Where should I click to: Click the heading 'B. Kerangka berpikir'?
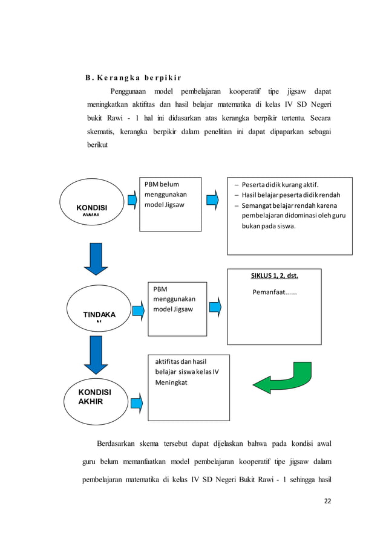(x=129, y=78)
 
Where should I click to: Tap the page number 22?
(x=327, y=500)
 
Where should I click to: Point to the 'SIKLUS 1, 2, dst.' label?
(x=274, y=276)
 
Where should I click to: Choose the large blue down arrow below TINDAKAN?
(x=96, y=355)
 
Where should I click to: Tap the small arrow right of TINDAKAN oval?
(x=139, y=311)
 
